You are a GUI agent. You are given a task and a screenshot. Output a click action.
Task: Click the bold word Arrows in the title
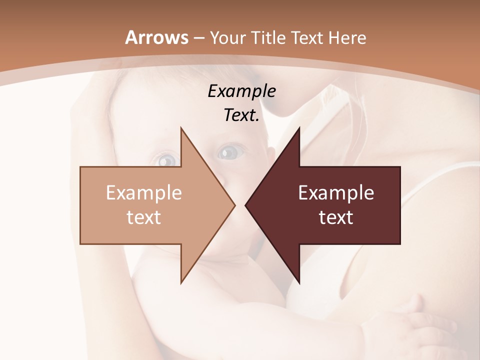(157, 37)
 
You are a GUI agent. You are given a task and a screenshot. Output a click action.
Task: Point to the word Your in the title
(227, 38)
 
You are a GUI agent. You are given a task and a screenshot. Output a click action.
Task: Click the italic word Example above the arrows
(241, 91)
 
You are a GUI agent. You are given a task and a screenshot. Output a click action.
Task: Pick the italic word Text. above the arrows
(241, 115)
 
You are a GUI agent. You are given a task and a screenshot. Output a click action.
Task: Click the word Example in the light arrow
(144, 192)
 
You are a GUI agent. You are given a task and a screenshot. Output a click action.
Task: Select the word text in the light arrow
(144, 217)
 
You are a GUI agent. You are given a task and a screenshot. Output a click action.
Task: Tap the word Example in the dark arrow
(336, 192)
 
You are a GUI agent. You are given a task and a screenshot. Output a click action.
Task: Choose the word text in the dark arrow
(336, 217)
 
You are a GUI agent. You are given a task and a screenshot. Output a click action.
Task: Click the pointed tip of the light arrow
(234, 205)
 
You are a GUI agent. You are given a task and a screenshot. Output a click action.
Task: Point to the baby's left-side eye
(167, 160)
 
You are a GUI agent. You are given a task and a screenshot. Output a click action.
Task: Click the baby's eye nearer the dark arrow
(230, 150)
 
